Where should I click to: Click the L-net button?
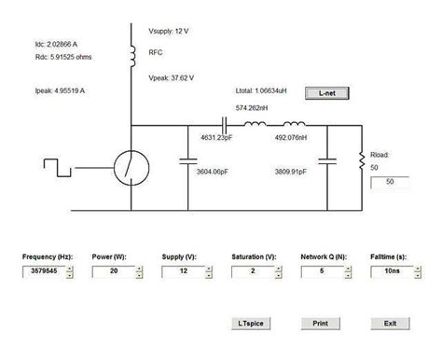[329, 93]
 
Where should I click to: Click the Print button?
[319, 323]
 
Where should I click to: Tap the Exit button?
[390, 323]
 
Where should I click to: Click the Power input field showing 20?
[110, 271]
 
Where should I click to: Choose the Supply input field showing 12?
[180, 271]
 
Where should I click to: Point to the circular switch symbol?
[130, 170]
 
